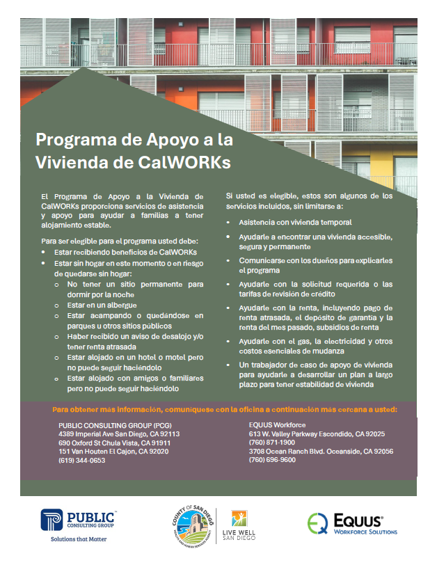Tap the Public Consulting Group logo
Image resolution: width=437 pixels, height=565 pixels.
78,520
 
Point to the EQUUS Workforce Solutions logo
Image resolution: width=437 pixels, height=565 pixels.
353,523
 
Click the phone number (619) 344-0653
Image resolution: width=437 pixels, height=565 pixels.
82,460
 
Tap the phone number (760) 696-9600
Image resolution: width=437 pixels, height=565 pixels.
272,460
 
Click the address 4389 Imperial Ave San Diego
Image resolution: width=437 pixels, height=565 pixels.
119,433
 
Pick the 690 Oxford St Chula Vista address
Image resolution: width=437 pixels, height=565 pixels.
115,442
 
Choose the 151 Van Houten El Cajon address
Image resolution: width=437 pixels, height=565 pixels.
113,451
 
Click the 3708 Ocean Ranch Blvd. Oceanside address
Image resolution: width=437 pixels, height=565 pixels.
321,451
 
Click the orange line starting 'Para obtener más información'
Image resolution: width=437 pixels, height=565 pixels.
225,409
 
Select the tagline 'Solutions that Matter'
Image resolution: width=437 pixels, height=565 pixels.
79,538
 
